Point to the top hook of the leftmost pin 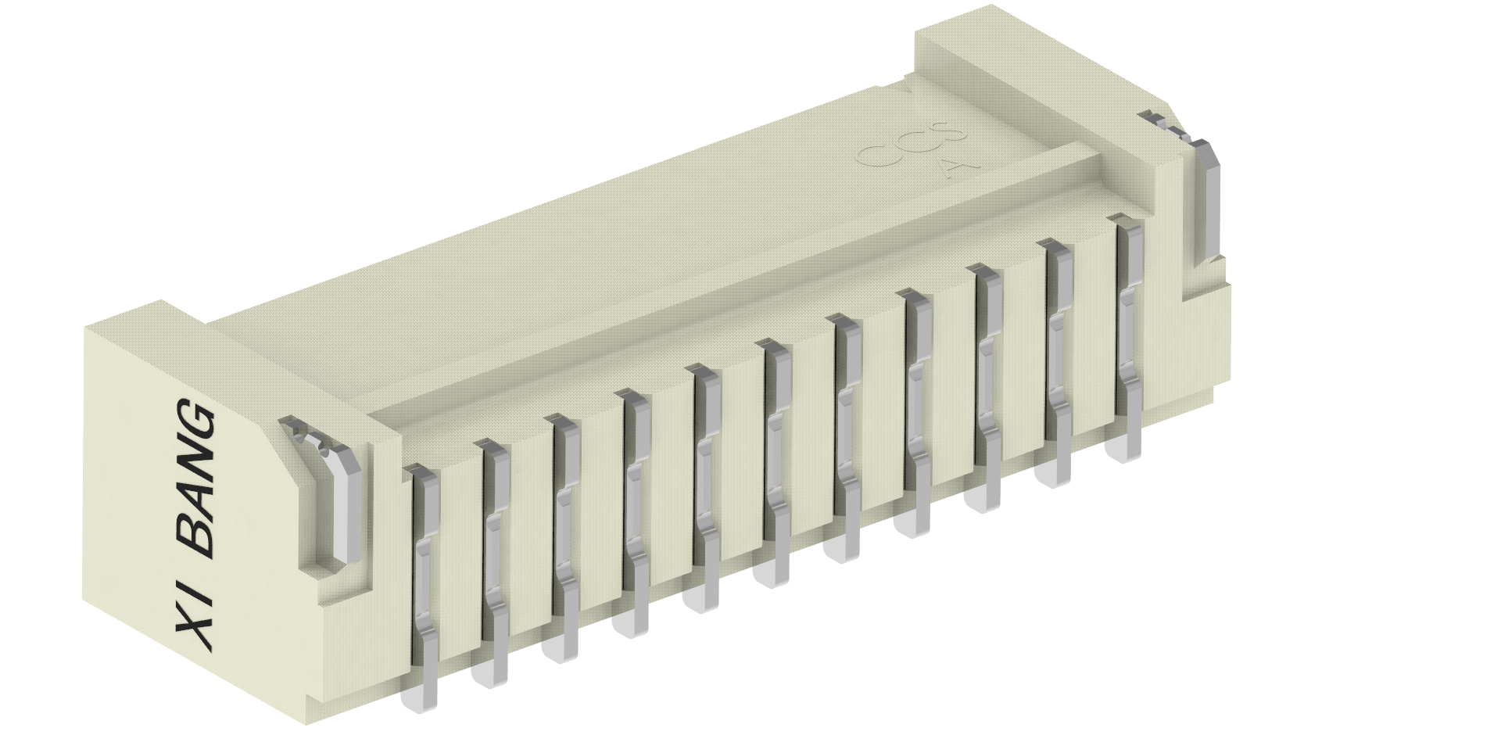pyautogui.click(x=421, y=474)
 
